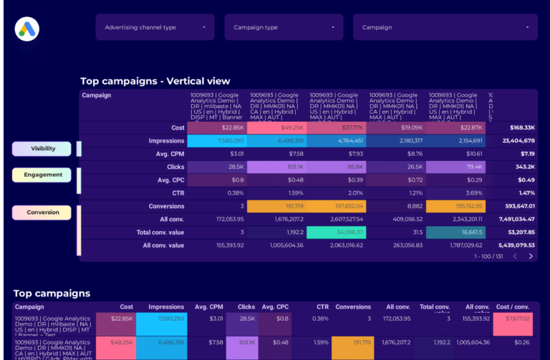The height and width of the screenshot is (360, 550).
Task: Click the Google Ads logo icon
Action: (x=26, y=29)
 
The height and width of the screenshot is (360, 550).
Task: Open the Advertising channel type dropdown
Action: (x=155, y=27)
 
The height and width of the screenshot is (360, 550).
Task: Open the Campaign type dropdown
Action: (x=284, y=27)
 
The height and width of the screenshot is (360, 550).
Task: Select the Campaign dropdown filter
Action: (x=445, y=27)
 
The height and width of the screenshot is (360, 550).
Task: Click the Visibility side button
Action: (x=42, y=149)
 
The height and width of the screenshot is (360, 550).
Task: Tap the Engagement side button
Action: (x=42, y=175)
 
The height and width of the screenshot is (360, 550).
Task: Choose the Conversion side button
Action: (x=42, y=213)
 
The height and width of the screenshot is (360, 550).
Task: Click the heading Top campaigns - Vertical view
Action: (x=155, y=81)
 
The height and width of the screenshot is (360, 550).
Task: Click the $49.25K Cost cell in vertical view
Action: (x=278, y=128)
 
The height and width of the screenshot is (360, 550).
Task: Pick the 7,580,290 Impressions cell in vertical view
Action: (x=218, y=141)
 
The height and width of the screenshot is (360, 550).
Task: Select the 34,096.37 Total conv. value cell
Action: (x=337, y=233)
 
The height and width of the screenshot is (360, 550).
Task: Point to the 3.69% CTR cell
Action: (x=455, y=193)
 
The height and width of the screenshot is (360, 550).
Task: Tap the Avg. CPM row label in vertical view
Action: (x=168, y=154)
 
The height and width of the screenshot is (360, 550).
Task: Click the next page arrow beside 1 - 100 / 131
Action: (x=531, y=256)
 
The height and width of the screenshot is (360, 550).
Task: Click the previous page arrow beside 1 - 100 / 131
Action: (x=514, y=256)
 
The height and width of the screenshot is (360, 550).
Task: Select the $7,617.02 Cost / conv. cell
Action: (x=513, y=318)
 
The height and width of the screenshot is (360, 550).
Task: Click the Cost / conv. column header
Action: (x=514, y=307)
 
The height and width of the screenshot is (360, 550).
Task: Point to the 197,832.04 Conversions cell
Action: (x=337, y=206)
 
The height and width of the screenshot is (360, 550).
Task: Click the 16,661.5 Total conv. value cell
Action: (x=455, y=233)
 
